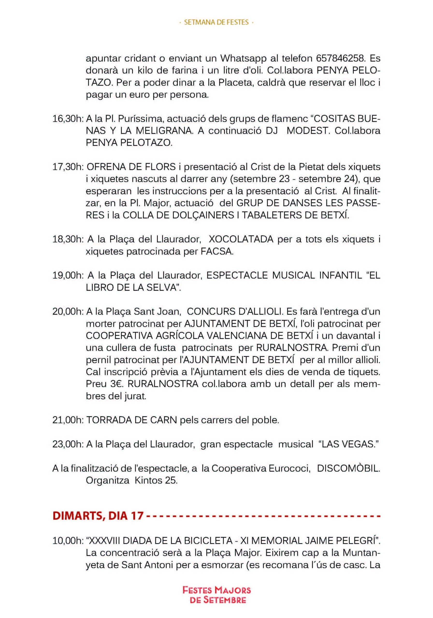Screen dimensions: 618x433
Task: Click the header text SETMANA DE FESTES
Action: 216,22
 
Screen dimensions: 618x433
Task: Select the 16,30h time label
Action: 68,119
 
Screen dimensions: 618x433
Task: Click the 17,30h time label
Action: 68,167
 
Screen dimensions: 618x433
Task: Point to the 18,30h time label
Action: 68,239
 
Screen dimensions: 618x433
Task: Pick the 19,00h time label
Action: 68,276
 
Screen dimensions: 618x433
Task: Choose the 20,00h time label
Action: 68,312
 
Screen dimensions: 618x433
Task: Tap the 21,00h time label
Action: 68,420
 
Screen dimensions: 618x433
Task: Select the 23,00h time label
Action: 68,444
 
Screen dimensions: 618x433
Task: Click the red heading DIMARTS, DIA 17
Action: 98,515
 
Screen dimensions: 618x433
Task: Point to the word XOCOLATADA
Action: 241,239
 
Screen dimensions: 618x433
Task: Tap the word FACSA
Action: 217,251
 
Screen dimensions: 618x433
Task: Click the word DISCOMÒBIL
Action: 348,468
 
